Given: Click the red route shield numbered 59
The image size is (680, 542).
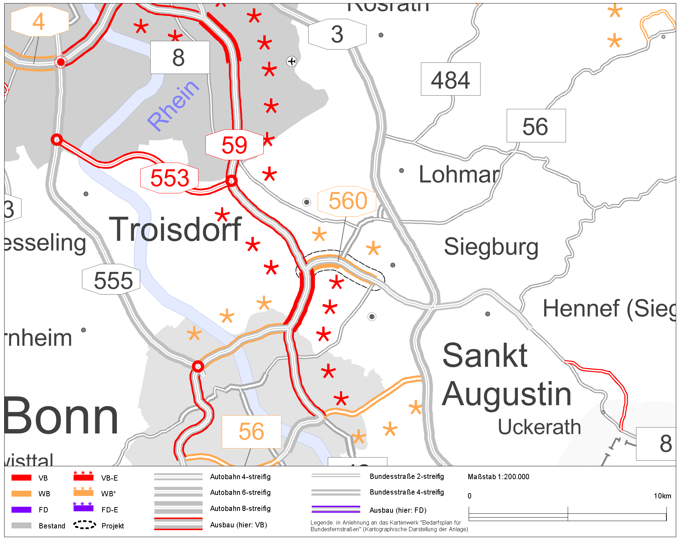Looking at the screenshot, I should click(234, 145).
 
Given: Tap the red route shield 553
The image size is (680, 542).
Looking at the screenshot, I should click(169, 178).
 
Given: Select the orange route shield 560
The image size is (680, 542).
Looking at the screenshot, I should click(347, 201).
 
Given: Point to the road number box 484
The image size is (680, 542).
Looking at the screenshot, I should click(450, 80).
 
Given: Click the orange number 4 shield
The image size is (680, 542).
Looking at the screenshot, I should click(39, 22).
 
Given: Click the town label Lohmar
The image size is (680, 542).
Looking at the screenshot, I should click(459, 174).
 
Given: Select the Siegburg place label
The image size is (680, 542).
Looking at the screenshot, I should click(491, 247).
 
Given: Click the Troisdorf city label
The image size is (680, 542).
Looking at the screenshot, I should click(175, 229).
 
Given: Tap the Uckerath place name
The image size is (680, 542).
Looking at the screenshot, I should click(539, 427).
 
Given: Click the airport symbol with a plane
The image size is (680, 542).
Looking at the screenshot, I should click(292, 61).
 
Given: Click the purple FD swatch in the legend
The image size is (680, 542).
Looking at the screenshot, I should click(21, 510).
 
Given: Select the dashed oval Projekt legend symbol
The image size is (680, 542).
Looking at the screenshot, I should click(84, 525).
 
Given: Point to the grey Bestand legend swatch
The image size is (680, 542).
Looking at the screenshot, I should click(21, 526).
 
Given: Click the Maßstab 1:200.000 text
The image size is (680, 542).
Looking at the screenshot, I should click(498, 477).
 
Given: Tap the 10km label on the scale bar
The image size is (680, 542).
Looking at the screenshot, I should click(662, 496).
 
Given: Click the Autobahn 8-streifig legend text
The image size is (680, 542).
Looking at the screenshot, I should click(240, 508).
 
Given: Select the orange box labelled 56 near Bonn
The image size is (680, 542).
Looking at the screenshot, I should click(251, 431).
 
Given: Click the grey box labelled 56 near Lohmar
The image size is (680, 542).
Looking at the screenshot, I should click(536, 126).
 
